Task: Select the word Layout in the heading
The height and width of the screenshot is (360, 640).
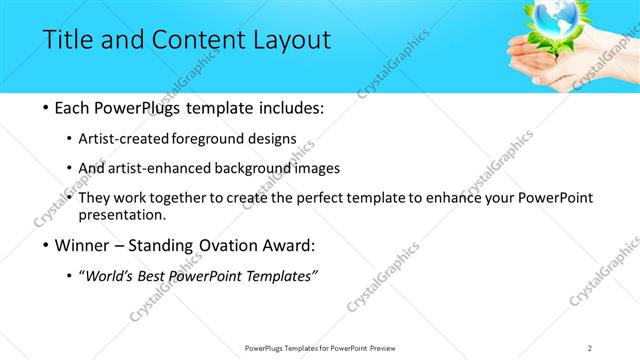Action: tap(291, 41)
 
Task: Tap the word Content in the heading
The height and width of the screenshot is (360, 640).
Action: tap(191, 41)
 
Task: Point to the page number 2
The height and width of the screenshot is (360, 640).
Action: tap(590, 347)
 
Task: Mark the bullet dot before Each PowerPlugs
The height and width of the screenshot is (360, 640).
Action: tap(35, 106)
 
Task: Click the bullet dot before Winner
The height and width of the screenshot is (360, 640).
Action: tap(35, 244)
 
